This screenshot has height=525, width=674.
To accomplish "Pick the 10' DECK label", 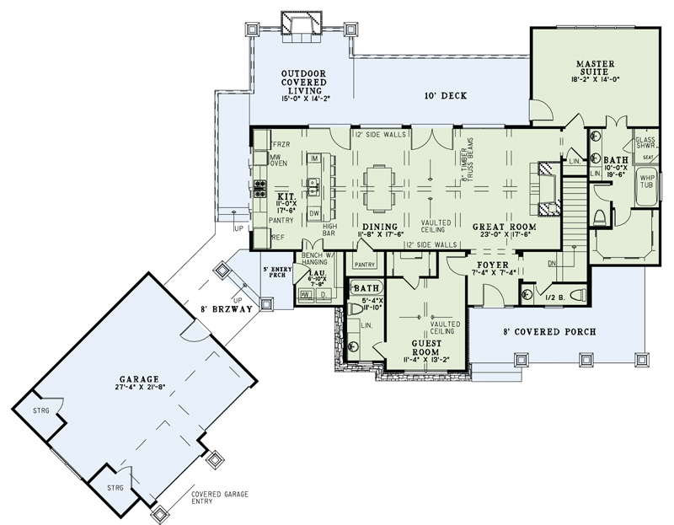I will [x=445, y=96].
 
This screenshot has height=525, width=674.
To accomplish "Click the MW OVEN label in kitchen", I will [x=279, y=162].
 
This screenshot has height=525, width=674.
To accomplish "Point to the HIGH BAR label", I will [x=330, y=230].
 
